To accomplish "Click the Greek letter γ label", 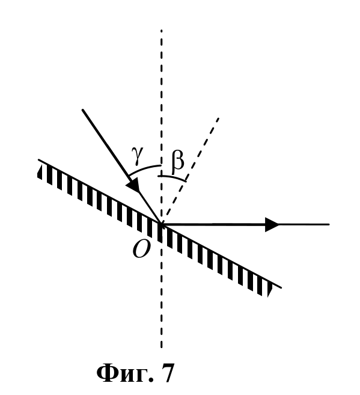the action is (x=137, y=156).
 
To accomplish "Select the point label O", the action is (x=141, y=249).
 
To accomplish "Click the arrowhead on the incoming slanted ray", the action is (x=133, y=184).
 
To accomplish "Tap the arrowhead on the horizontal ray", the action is (x=272, y=224).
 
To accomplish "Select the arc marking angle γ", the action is (x=144, y=168).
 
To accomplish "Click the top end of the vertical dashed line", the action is (x=162, y=30).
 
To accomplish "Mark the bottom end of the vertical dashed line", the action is (x=162, y=348).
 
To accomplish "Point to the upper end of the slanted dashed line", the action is (x=219, y=118).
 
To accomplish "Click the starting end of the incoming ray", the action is (x=82, y=110).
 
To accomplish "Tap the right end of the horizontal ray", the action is (x=329, y=224).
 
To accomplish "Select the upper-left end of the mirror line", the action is (x=38, y=160).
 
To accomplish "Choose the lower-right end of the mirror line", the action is (x=281, y=287).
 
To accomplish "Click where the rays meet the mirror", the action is (x=162, y=224).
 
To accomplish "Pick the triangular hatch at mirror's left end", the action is (x=40, y=173).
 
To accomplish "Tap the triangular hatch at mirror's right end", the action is (x=270, y=290).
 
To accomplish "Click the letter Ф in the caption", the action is (x=108, y=373).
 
